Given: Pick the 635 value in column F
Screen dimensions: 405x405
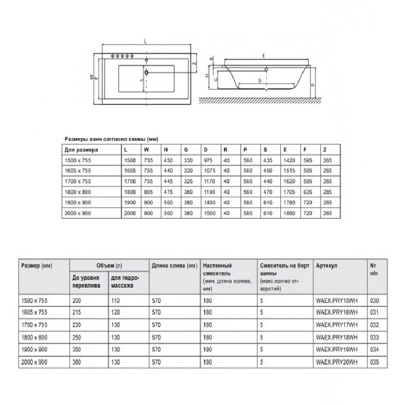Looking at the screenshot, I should pyautogui.click(x=307, y=192).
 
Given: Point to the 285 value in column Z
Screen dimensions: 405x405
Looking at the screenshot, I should pyautogui.click(x=327, y=192).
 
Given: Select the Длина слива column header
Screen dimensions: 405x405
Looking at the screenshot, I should pyautogui.click(x=174, y=265).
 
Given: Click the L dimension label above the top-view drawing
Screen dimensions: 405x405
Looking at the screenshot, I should pyautogui.click(x=146, y=42).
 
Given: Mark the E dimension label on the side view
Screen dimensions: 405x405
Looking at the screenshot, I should pyautogui.click(x=264, y=55).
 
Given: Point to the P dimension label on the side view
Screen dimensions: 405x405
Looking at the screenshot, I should pyautogui.click(x=313, y=85).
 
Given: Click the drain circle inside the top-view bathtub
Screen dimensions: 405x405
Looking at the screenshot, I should pyautogui.click(x=147, y=72).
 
